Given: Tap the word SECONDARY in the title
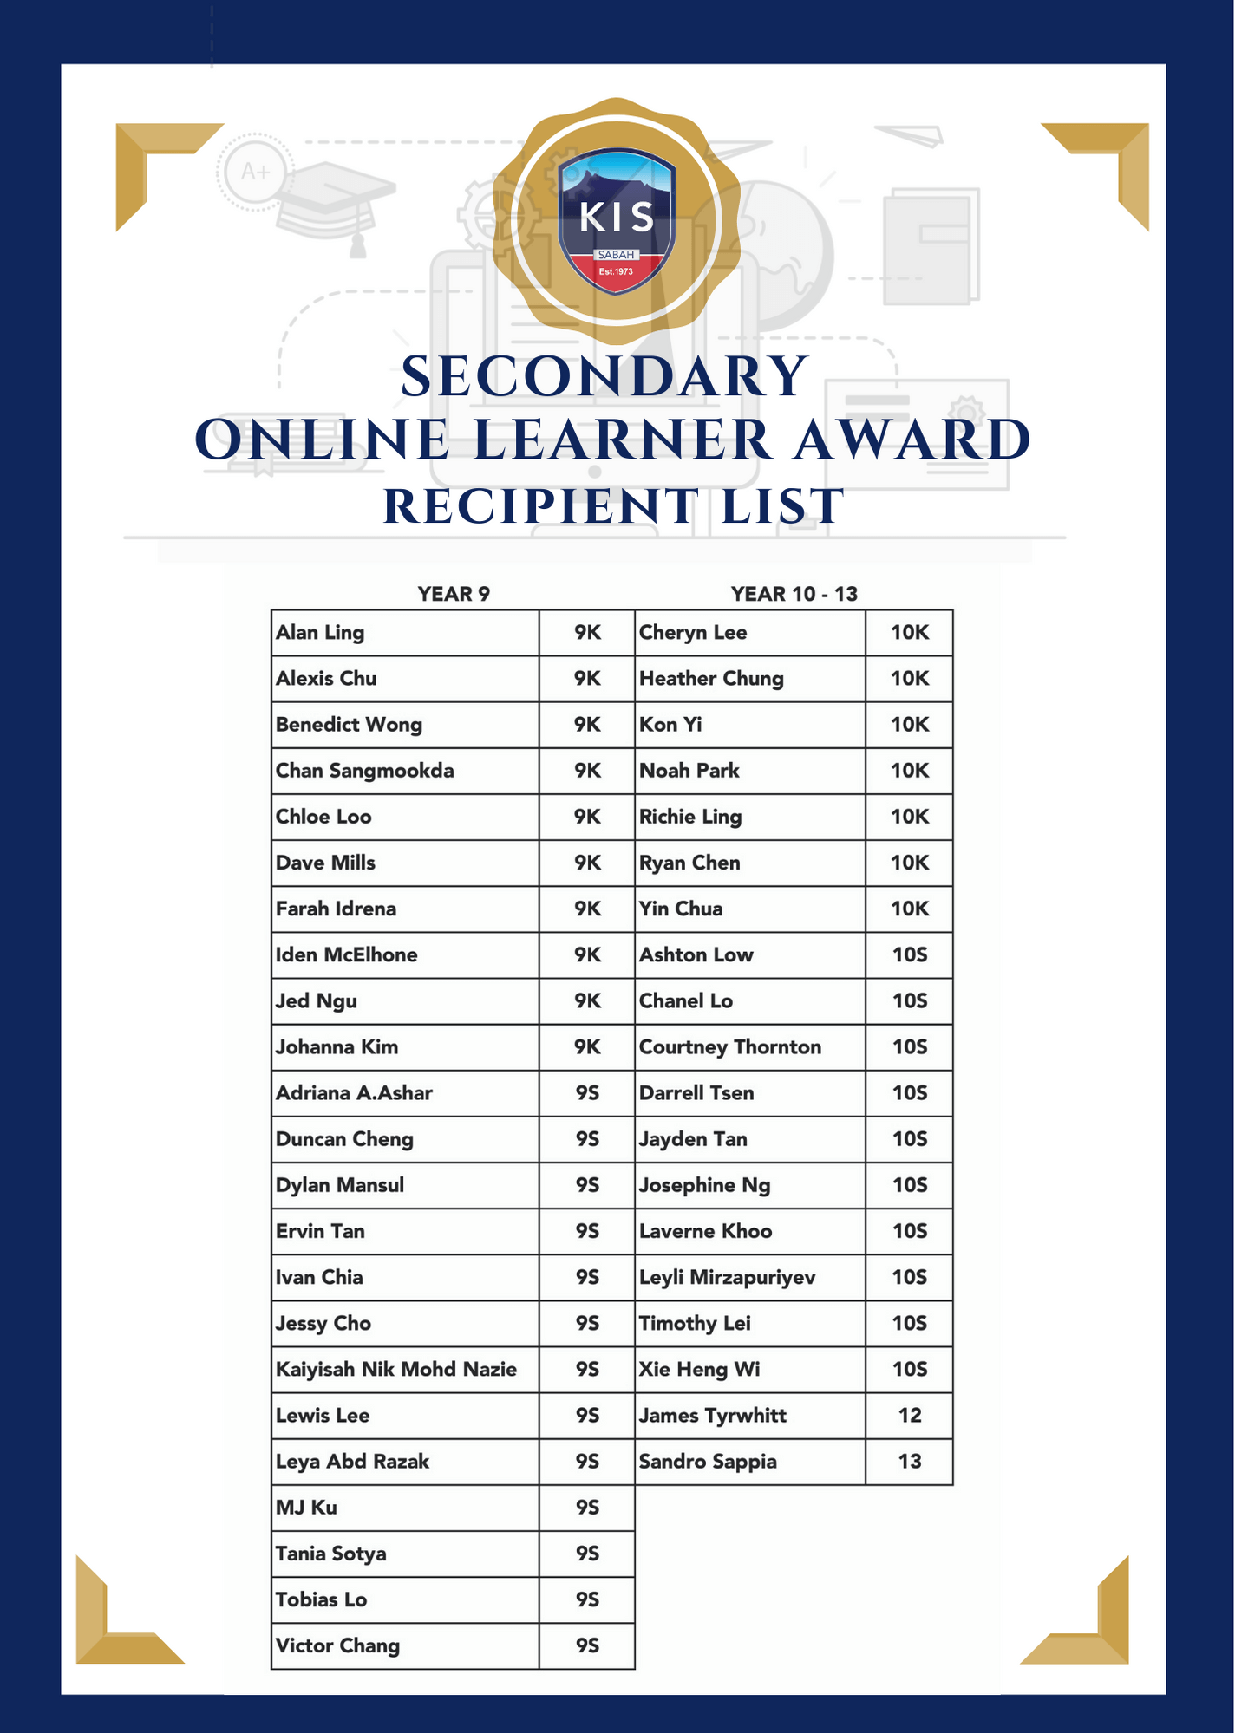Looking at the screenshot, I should coord(604,377).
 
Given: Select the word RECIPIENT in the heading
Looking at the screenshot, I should coord(540,506).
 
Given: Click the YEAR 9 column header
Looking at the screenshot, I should coord(454,594).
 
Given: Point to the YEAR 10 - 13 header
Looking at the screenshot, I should coord(794,594).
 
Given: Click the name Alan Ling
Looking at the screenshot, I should coord(320,633).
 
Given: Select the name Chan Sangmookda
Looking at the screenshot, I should coord(364,771).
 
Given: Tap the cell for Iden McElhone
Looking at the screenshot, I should coord(346,954).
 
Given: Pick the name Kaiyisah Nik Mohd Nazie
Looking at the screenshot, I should coord(395,1369).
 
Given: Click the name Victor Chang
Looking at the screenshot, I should coord(337,1645).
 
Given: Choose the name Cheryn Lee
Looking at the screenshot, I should coord(692,633).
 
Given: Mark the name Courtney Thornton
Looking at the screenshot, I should coord(729,1047).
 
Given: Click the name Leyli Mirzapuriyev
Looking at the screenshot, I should coord(727,1277).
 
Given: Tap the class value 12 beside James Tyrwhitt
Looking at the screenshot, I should coord(909,1415).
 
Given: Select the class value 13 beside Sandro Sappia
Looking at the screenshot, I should coord(909,1462).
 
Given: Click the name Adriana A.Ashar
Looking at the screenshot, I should coord(354,1093).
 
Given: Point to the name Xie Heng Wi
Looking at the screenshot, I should coord(699,1369).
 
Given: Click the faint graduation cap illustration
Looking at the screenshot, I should coord(334,204).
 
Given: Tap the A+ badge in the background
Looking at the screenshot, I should coord(255,172).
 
